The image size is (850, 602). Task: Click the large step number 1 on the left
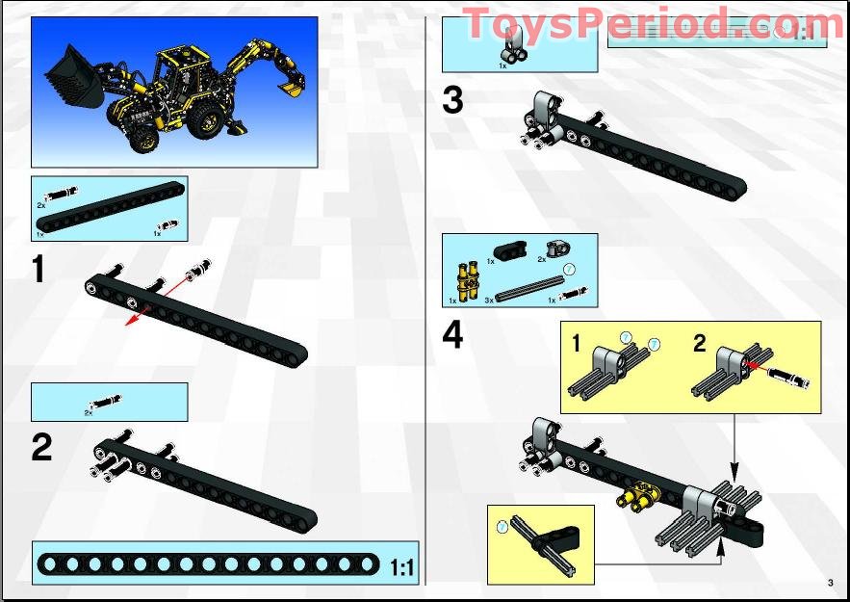pyautogui.click(x=39, y=270)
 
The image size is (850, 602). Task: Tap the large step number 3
pyautogui.click(x=452, y=100)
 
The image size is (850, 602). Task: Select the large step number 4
pyautogui.click(x=452, y=335)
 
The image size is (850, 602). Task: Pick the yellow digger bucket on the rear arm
pyautogui.click(x=290, y=88)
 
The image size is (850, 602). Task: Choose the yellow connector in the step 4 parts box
pyautogui.click(x=464, y=281)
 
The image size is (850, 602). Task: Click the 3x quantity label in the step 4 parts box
pyautogui.click(x=489, y=301)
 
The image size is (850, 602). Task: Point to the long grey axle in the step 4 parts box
pyautogui.click(x=528, y=290)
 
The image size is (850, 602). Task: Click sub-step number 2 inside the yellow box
pyautogui.click(x=700, y=344)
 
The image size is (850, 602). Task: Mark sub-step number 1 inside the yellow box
pyautogui.click(x=576, y=344)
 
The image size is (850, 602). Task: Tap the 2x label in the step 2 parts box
pyautogui.click(x=88, y=411)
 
